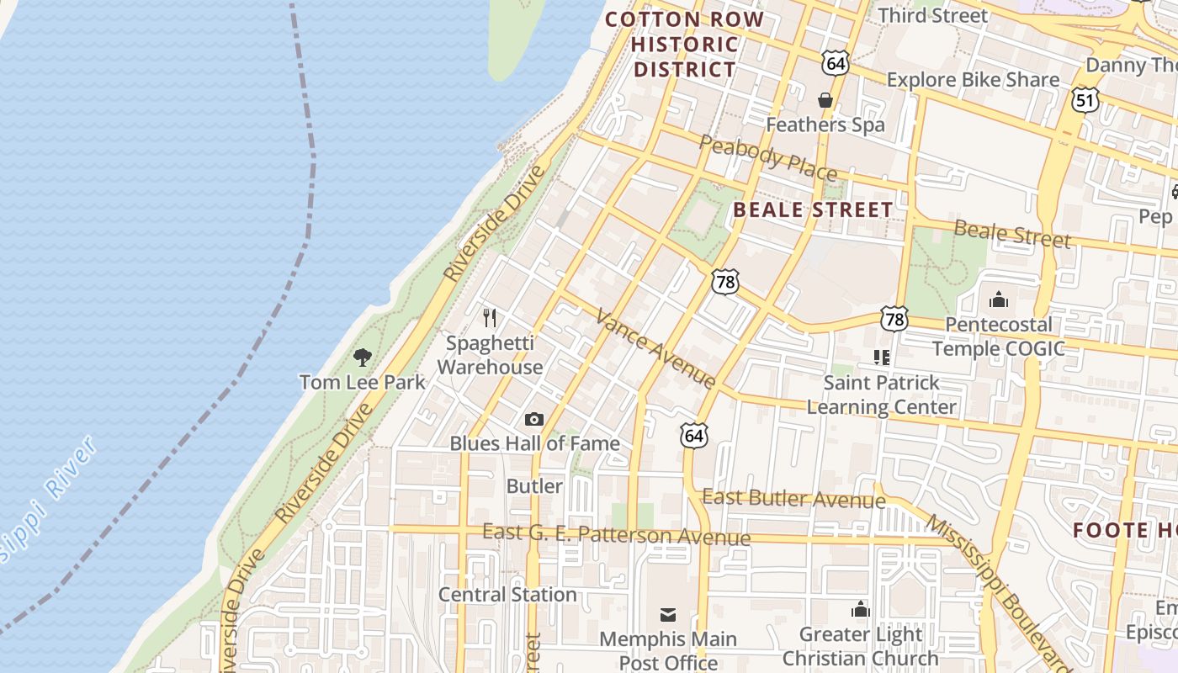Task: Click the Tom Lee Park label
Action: [362, 382]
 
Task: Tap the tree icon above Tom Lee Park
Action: [363, 358]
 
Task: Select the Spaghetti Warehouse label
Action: [490, 355]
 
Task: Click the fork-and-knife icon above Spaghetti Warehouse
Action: [490, 318]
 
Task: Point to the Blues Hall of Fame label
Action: [534, 443]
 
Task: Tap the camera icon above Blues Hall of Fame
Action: [534, 419]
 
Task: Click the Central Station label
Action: [507, 594]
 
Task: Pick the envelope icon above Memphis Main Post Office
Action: [667, 615]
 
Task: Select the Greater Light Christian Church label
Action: [860, 646]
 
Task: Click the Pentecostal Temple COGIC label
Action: [999, 336]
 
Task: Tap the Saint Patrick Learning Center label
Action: [881, 395]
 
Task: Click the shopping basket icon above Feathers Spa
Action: [825, 100]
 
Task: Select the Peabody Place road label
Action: [767, 157]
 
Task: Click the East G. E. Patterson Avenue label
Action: [616, 534]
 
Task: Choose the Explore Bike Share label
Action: [973, 80]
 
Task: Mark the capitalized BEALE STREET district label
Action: [813, 209]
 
